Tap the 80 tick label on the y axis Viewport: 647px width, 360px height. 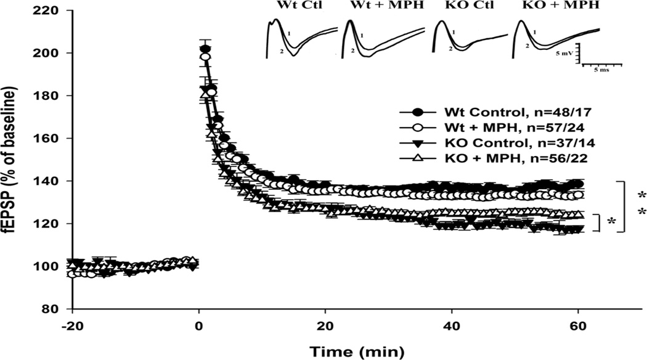56,309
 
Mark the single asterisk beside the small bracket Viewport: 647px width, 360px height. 611,221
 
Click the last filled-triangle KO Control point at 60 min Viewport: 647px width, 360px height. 578,229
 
